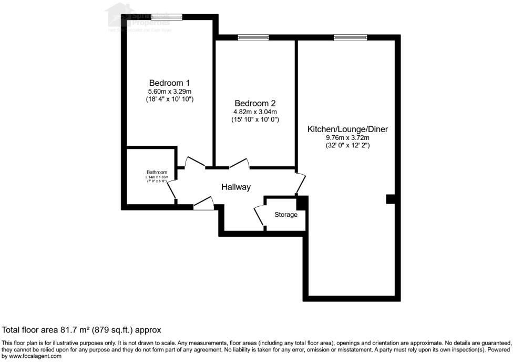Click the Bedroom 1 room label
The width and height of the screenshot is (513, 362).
pos(169,83)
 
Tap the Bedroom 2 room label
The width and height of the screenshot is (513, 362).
pos(255,103)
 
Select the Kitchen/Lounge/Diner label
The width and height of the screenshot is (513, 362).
pos(347,129)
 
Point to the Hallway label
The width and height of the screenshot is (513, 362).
pos(235,187)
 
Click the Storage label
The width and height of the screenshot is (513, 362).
pos(286,215)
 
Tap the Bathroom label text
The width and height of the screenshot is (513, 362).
pos(157,173)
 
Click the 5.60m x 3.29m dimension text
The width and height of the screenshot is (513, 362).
pos(169,91)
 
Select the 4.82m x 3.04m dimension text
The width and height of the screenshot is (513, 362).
pos(255,112)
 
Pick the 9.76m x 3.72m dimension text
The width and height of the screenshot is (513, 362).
pos(347,138)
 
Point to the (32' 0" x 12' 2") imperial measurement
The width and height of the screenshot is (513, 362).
pos(347,146)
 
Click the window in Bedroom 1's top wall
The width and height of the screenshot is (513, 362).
pos(167,17)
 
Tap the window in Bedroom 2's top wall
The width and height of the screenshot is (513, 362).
pos(253,37)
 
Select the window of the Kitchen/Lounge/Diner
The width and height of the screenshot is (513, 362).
pos(350,37)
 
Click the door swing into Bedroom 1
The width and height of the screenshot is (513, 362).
pos(195,163)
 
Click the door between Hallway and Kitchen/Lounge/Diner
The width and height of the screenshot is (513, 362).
pos(301,182)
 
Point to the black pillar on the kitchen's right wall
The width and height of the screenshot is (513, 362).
pos(390,199)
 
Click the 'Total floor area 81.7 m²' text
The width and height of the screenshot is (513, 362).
pos(81,330)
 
